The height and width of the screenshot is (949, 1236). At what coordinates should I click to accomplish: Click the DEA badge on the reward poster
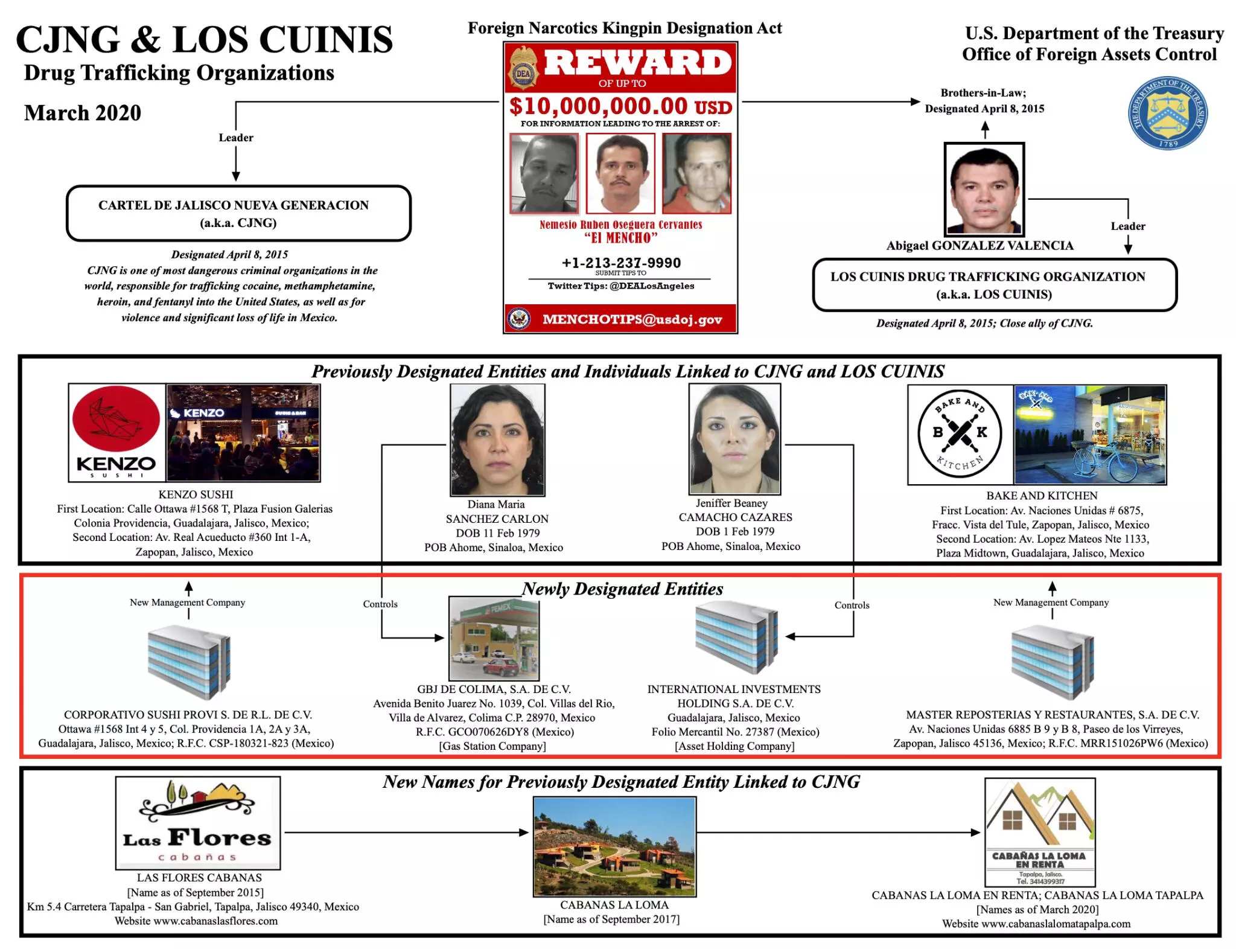524,68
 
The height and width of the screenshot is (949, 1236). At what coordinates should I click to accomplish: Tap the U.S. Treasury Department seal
1168,113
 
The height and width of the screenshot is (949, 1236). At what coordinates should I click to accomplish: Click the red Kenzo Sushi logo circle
116,418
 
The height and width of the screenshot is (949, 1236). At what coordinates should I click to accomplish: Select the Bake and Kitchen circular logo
960,433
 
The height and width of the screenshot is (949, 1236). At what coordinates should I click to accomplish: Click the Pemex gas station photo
494,638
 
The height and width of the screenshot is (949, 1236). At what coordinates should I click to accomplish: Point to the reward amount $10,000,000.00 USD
620,106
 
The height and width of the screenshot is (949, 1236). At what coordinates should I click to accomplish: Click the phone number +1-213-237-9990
621,263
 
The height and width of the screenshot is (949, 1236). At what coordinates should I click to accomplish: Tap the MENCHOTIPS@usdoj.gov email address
632,319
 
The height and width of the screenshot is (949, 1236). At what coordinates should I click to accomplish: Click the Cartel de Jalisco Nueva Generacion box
238,213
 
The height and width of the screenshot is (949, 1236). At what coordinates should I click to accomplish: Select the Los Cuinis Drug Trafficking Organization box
995,285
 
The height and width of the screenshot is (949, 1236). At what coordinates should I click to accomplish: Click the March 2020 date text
83,113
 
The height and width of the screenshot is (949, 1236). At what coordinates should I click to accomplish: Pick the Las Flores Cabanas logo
198,822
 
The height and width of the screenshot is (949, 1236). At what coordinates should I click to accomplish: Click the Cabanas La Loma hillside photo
614,846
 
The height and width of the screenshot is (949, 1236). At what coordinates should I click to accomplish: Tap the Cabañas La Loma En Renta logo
1040,832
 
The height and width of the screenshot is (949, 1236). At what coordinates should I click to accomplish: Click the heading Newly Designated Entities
622,589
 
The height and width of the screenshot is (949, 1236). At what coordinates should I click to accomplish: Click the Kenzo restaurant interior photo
243,433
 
